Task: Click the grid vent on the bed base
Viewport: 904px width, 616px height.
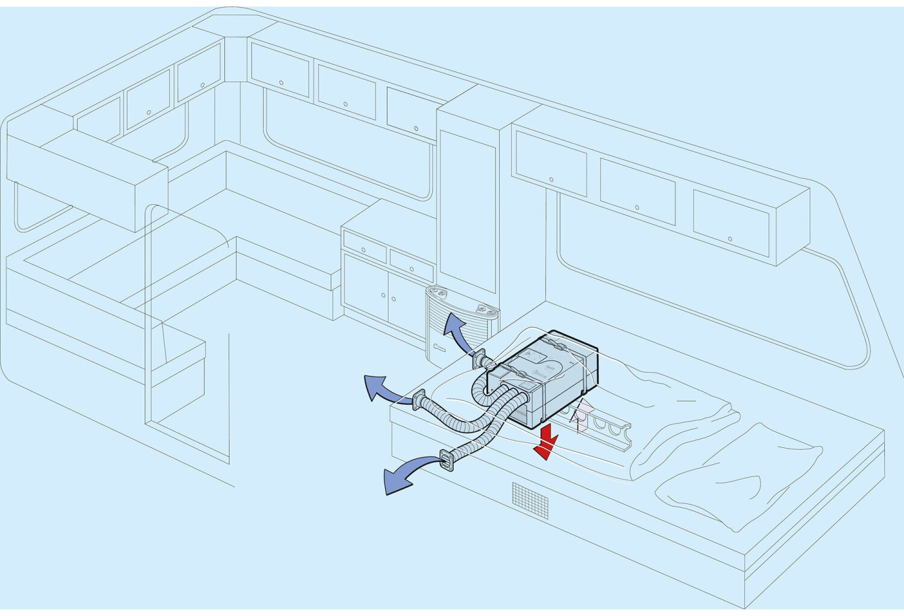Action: [x=530, y=499]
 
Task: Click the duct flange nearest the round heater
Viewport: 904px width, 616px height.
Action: [x=480, y=359]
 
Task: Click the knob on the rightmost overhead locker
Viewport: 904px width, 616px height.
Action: [x=730, y=239]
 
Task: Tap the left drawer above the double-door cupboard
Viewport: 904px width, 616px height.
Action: [x=364, y=247]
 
